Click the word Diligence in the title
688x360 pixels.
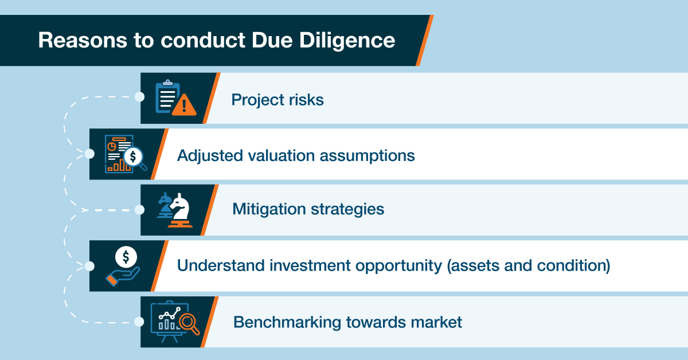pos(347,41)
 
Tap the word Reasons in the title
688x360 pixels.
pos(83,40)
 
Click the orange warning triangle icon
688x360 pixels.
pos(184,105)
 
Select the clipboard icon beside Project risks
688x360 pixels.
pos(167,96)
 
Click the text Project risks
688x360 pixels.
pos(277,100)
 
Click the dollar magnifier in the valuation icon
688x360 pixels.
pos(135,158)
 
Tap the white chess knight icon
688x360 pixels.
pos(180,210)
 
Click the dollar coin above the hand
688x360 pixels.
pos(126,257)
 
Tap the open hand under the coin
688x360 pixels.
pos(123,276)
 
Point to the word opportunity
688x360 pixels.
pos(398,266)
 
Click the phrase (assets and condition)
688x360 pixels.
pos(528,265)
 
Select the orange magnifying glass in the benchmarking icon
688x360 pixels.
pos(189,323)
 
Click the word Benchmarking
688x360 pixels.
pos(287,322)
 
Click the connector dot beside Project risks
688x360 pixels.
pos(139,97)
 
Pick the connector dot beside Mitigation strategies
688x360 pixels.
pos(139,210)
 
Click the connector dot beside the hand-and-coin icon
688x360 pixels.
pos(89,266)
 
